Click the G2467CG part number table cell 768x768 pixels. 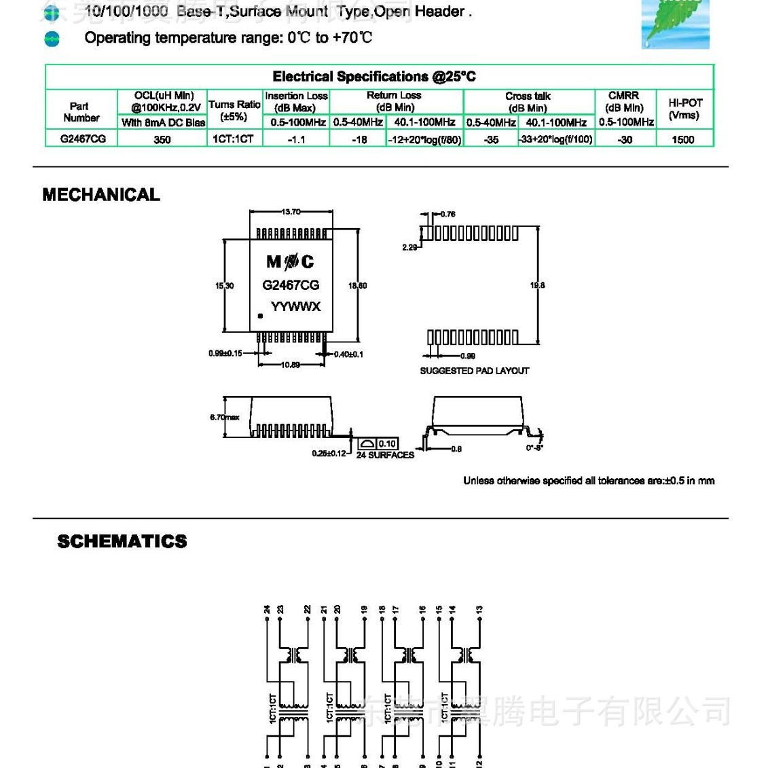83,139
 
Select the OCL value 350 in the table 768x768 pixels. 162,139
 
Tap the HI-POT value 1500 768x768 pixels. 682,139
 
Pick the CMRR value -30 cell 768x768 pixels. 625,139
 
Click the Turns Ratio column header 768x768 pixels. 234,110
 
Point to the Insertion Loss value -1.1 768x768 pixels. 296,139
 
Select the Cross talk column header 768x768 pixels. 528,102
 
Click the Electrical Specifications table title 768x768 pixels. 374,77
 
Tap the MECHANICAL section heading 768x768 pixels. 101,195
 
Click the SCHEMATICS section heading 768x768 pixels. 122,541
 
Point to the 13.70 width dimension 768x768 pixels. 291,212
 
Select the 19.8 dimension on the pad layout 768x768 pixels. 537,285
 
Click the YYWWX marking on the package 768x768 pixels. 295,307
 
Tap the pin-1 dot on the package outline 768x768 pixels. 259,316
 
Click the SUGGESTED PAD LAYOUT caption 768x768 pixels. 474,371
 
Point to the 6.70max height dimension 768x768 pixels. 225,417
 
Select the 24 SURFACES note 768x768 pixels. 385,455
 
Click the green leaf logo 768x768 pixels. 675,24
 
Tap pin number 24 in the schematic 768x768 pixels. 268,609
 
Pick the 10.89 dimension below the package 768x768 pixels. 291,365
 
